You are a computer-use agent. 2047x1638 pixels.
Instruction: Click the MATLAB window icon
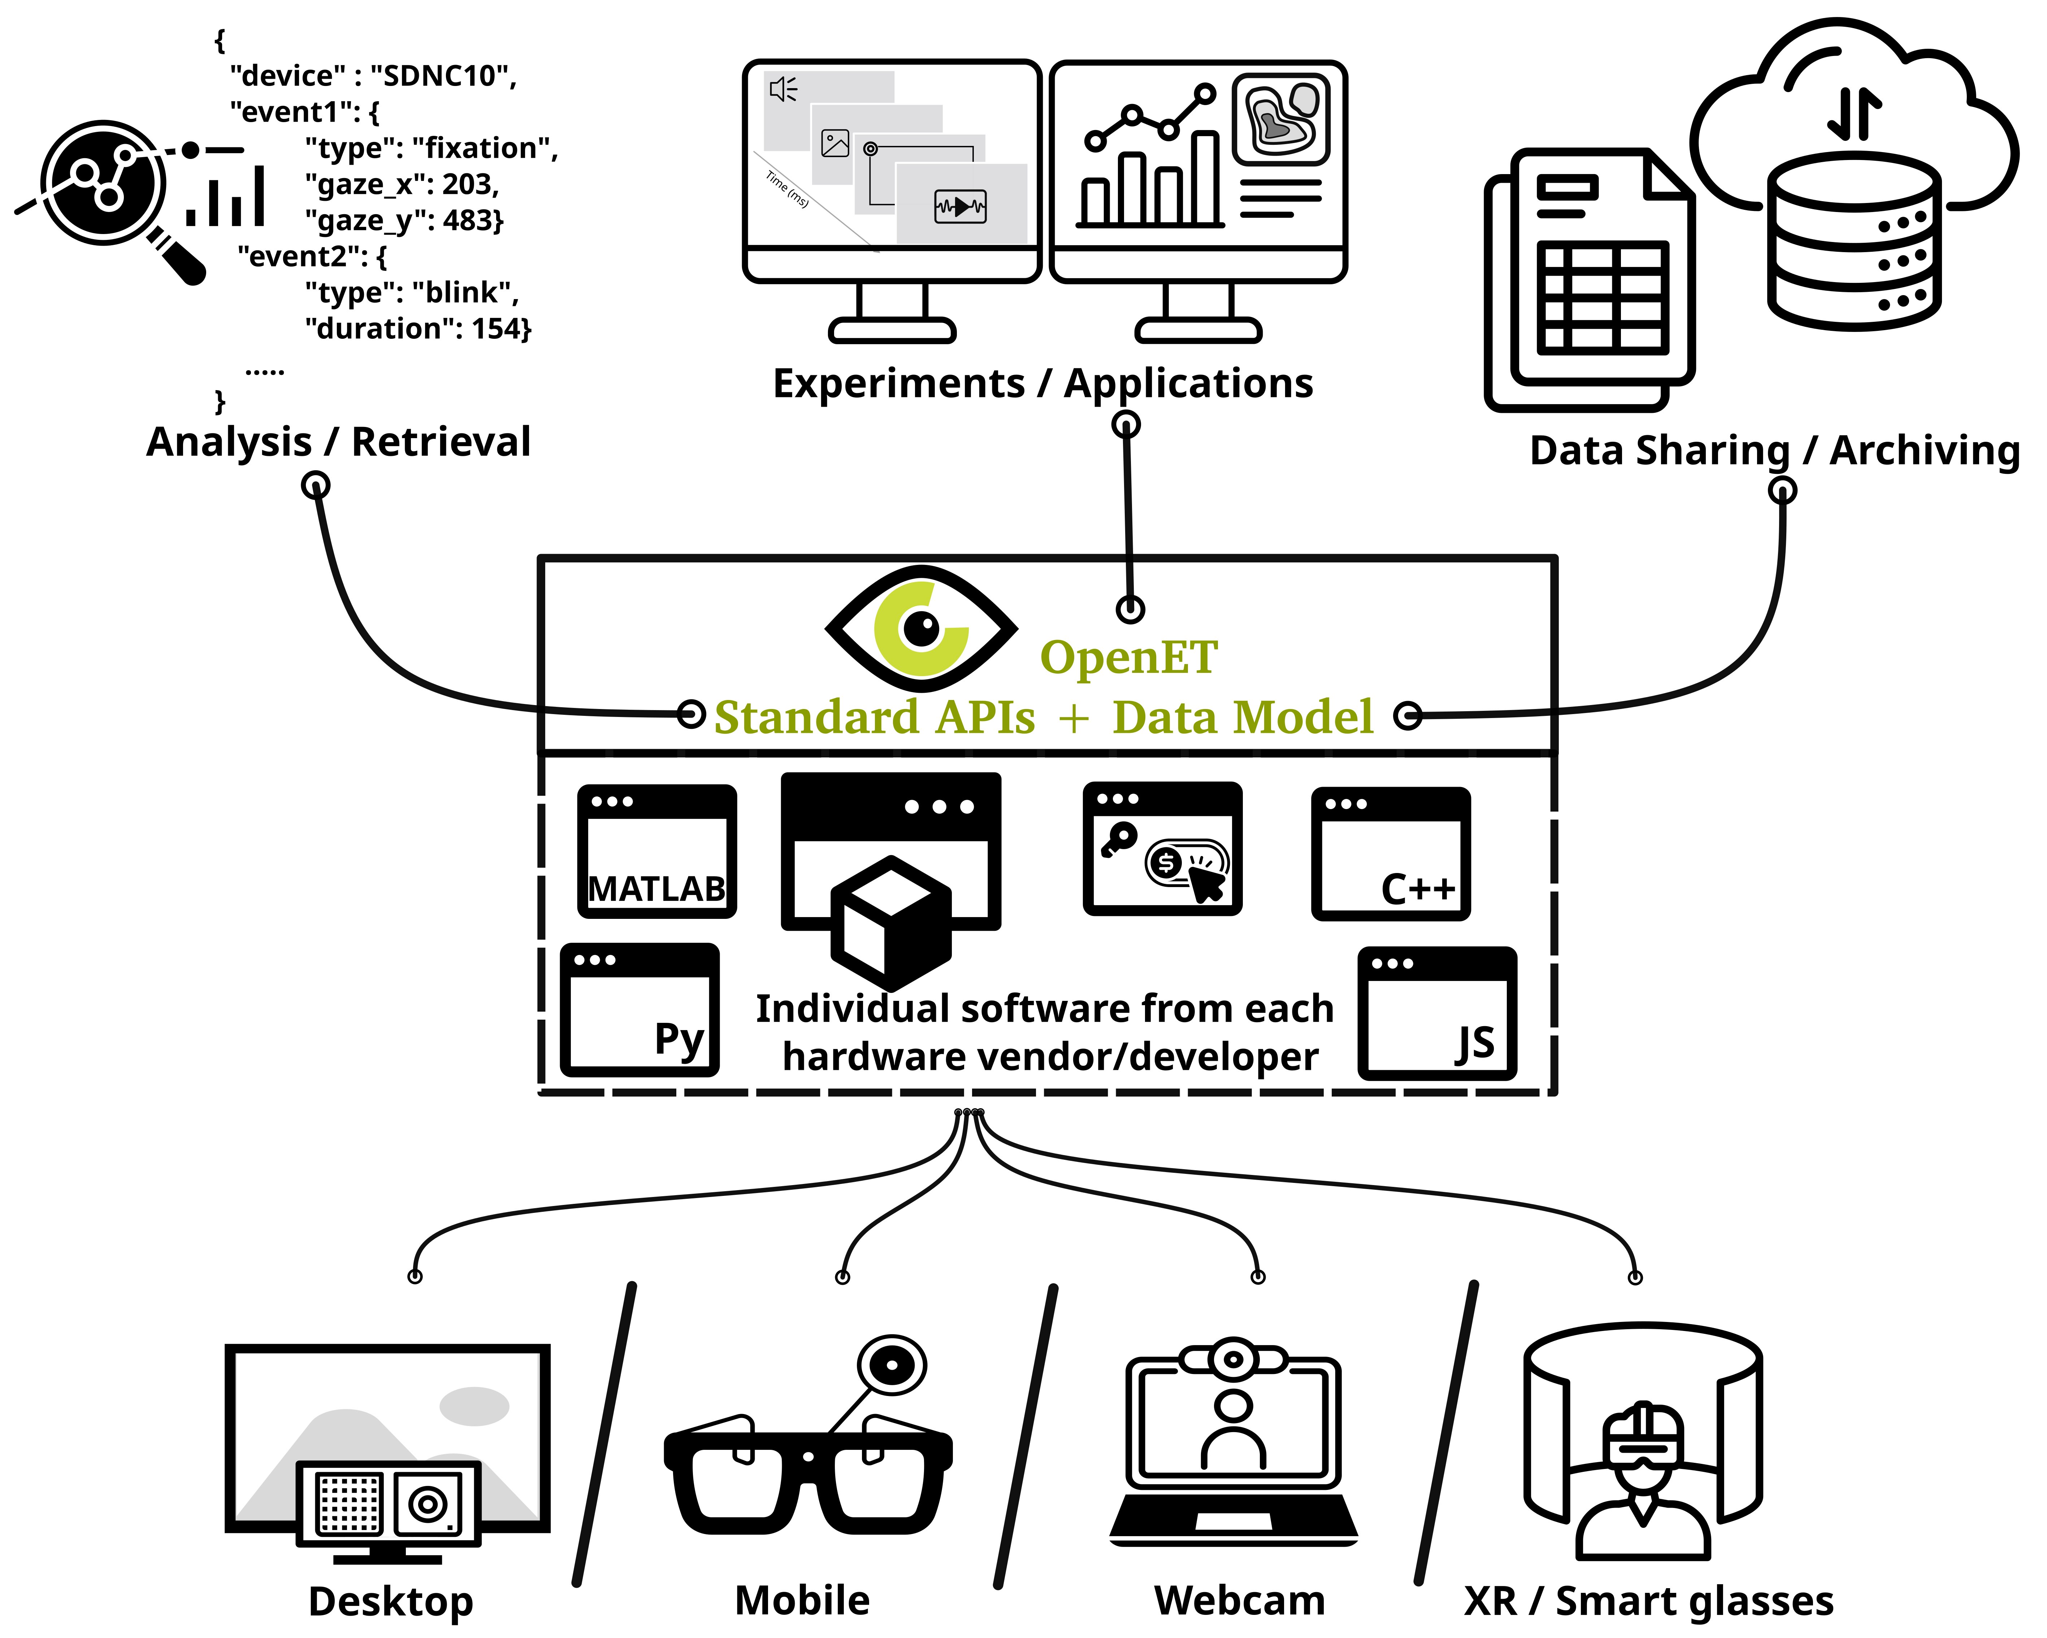click(657, 851)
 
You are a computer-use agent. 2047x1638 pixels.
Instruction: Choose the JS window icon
click(1436, 1013)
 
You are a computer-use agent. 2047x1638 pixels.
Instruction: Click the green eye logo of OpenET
click(921, 628)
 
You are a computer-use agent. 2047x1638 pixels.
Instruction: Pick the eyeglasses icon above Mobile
click(807, 1472)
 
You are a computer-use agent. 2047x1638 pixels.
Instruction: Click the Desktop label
click(390, 1602)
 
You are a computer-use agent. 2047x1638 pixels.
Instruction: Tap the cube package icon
click(890, 919)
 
